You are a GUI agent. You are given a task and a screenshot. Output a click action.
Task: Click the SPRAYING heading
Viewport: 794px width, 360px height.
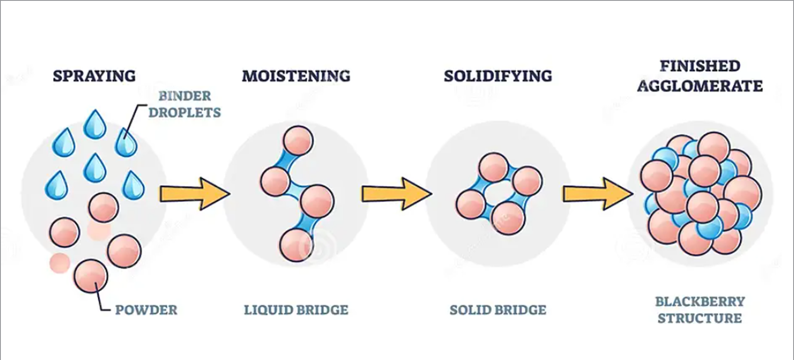pos(94,76)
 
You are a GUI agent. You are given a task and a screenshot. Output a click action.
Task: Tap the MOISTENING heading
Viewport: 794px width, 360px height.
pos(296,76)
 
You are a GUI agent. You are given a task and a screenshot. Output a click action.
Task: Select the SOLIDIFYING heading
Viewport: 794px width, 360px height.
pos(498,76)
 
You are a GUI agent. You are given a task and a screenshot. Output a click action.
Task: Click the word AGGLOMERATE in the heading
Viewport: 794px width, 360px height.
pos(700,86)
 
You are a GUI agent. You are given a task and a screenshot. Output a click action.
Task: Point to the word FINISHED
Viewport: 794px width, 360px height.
pos(700,66)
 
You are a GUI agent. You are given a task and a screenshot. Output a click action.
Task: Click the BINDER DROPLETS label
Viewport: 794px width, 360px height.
pos(184,104)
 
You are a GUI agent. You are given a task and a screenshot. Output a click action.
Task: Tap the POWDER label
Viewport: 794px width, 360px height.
pos(146,310)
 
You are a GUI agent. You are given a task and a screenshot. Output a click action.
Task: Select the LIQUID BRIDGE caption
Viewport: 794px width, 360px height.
pos(296,310)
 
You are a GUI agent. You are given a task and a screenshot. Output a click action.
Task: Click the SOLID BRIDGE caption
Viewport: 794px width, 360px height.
pos(498,310)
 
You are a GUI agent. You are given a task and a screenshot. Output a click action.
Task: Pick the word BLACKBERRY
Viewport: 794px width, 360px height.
pos(700,302)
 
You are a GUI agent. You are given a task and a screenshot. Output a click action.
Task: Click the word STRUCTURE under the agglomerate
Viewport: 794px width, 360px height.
pos(700,318)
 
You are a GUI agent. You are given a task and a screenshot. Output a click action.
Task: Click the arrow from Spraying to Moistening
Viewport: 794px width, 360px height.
pos(195,194)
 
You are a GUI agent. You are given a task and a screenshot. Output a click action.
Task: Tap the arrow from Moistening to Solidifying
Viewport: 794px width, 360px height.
pos(397,194)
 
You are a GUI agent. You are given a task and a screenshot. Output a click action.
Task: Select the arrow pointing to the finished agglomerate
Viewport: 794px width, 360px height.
pos(598,194)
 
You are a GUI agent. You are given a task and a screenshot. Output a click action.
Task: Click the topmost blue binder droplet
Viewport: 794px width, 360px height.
pos(95,125)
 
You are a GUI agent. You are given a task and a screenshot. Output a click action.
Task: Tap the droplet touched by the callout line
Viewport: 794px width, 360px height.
pos(126,143)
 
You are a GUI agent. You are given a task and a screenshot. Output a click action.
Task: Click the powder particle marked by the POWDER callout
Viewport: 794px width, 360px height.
pos(91,276)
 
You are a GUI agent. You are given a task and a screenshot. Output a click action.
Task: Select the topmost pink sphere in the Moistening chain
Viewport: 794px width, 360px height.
pos(297,141)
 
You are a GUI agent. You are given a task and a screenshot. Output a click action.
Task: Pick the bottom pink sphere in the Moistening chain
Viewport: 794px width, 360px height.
pos(296,246)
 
